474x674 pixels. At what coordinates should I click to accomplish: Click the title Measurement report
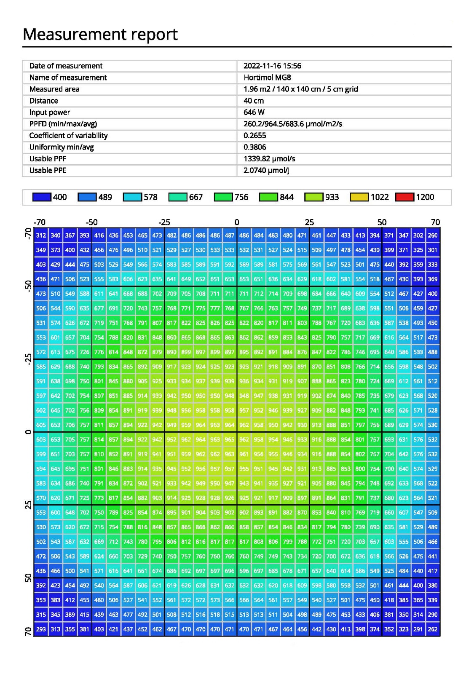pyautogui.click(x=100, y=34)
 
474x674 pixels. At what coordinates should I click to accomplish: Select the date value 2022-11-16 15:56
pyautogui.click(x=272, y=66)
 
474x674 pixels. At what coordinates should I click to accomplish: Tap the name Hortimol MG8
pyautogui.click(x=267, y=78)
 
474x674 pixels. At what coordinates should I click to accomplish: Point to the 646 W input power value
pyautogui.click(x=254, y=112)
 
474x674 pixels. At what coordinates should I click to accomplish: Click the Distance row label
pyautogui.click(x=44, y=101)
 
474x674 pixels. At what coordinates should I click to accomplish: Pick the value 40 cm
pyautogui.click(x=254, y=101)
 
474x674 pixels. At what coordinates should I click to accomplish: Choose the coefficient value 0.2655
pyautogui.click(x=255, y=135)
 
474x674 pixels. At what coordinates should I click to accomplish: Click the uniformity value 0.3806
pyautogui.click(x=255, y=147)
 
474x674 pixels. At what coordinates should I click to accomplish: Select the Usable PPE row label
pyautogui.click(x=48, y=170)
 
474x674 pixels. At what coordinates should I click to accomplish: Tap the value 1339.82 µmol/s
pyautogui.click(x=269, y=158)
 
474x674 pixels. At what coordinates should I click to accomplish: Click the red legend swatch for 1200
pyautogui.click(x=404, y=197)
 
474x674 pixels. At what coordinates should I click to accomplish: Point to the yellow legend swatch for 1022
pyautogui.click(x=359, y=197)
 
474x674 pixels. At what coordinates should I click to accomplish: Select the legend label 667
pyautogui.click(x=196, y=197)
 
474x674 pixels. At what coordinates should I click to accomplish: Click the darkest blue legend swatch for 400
pyautogui.click(x=42, y=197)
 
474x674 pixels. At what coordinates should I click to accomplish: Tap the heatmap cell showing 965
pyautogui.click(x=230, y=439)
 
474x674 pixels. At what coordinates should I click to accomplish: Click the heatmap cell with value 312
pyautogui.click(x=41, y=235)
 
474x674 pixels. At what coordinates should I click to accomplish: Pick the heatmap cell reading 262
pyautogui.click(x=433, y=629)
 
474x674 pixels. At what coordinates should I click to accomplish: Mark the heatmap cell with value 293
pyautogui.click(x=41, y=629)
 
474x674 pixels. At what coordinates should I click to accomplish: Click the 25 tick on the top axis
pyautogui.click(x=309, y=222)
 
